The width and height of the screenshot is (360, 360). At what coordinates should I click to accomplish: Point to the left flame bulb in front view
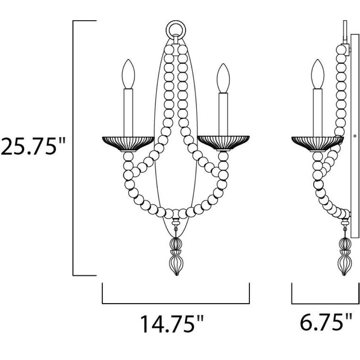pos(128,74)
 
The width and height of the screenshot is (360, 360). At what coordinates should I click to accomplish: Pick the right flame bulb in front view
pos(223,78)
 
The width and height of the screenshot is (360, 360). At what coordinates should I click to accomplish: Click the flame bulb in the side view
pos(318,74)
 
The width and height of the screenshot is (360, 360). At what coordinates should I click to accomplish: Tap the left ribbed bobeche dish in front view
pos(128,144)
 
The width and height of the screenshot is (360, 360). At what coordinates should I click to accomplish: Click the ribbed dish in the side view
pos(318,144)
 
